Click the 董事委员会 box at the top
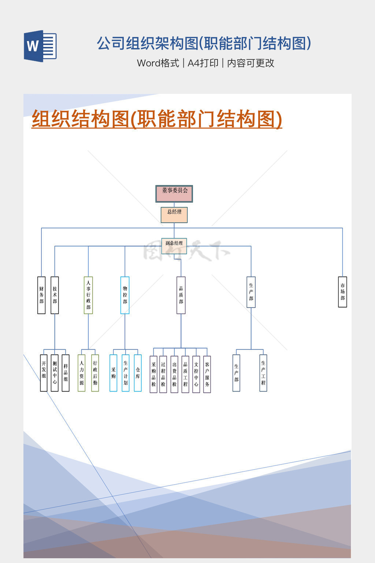click(174, 194)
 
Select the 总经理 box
click(174, 215)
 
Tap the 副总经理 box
click(174, 246)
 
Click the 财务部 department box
click(41, 295)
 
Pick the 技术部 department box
click(55, 295)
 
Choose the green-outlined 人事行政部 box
click(88, 295)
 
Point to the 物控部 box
click(125, 295)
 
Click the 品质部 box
click(181, 295)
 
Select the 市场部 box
click(342, 292)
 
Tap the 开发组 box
click(44, 373)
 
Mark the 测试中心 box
click(55, 373)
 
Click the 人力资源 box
click(81, 373)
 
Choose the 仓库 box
click(138, 373)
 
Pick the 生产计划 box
click(126, 373)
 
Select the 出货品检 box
click(174, 374)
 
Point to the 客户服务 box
click(207, 374)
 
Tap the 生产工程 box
click(263, 373)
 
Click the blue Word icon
click(40, 46)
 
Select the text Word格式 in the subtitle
click(158, 63)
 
